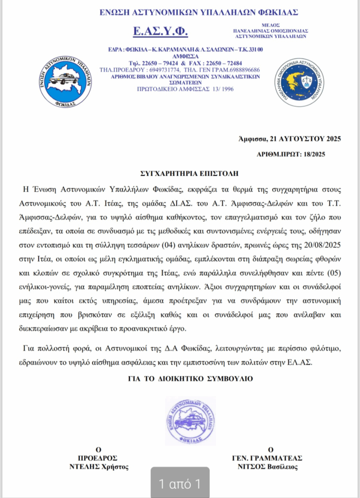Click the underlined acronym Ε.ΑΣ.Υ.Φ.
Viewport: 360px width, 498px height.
point(160,32)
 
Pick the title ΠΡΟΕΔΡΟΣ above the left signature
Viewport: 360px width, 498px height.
point(98,458)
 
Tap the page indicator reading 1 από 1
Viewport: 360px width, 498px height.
point(180,484)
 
